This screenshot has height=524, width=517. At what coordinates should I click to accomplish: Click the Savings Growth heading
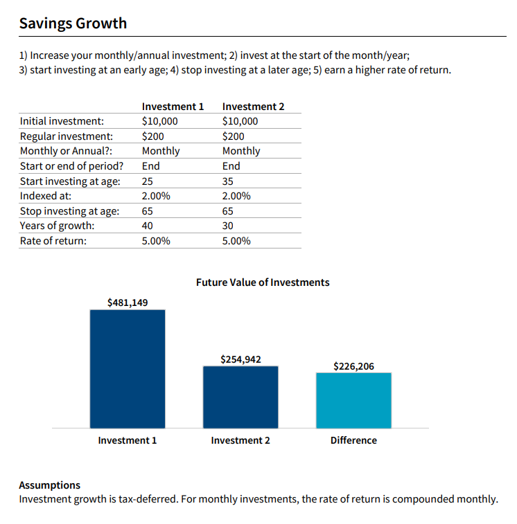[73, 24]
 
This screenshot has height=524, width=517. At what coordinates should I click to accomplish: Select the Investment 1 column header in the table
[173, 107]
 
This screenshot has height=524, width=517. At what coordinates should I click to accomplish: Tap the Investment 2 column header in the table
[254, 107]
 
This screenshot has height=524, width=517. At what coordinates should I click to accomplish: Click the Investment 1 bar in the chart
[128, 369]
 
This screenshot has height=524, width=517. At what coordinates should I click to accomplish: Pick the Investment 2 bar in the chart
[240, 397]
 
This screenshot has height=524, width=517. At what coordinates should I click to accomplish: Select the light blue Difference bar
[353, 400]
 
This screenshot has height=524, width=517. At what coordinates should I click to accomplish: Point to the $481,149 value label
[128, 302]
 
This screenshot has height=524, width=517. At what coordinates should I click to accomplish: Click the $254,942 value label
[240, 359]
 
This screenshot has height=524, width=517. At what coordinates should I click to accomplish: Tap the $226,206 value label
[353, 366]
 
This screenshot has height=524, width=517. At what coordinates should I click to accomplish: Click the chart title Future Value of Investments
[263, 282]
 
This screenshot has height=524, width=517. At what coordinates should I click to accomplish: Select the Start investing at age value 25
[147, 181]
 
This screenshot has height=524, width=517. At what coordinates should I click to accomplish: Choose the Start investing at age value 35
[227, 181]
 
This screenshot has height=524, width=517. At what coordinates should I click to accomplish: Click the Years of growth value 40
[147, 226]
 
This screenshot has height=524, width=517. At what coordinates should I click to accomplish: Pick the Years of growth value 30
[227, 226]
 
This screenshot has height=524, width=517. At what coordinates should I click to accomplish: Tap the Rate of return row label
[53, 241]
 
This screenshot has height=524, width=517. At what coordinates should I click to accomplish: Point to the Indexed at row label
[46, 196]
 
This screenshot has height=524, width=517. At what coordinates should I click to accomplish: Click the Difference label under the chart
[353, 440]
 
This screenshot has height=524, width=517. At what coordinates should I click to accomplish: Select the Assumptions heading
[49, 485]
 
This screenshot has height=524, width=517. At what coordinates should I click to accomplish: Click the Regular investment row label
[67, 136]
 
